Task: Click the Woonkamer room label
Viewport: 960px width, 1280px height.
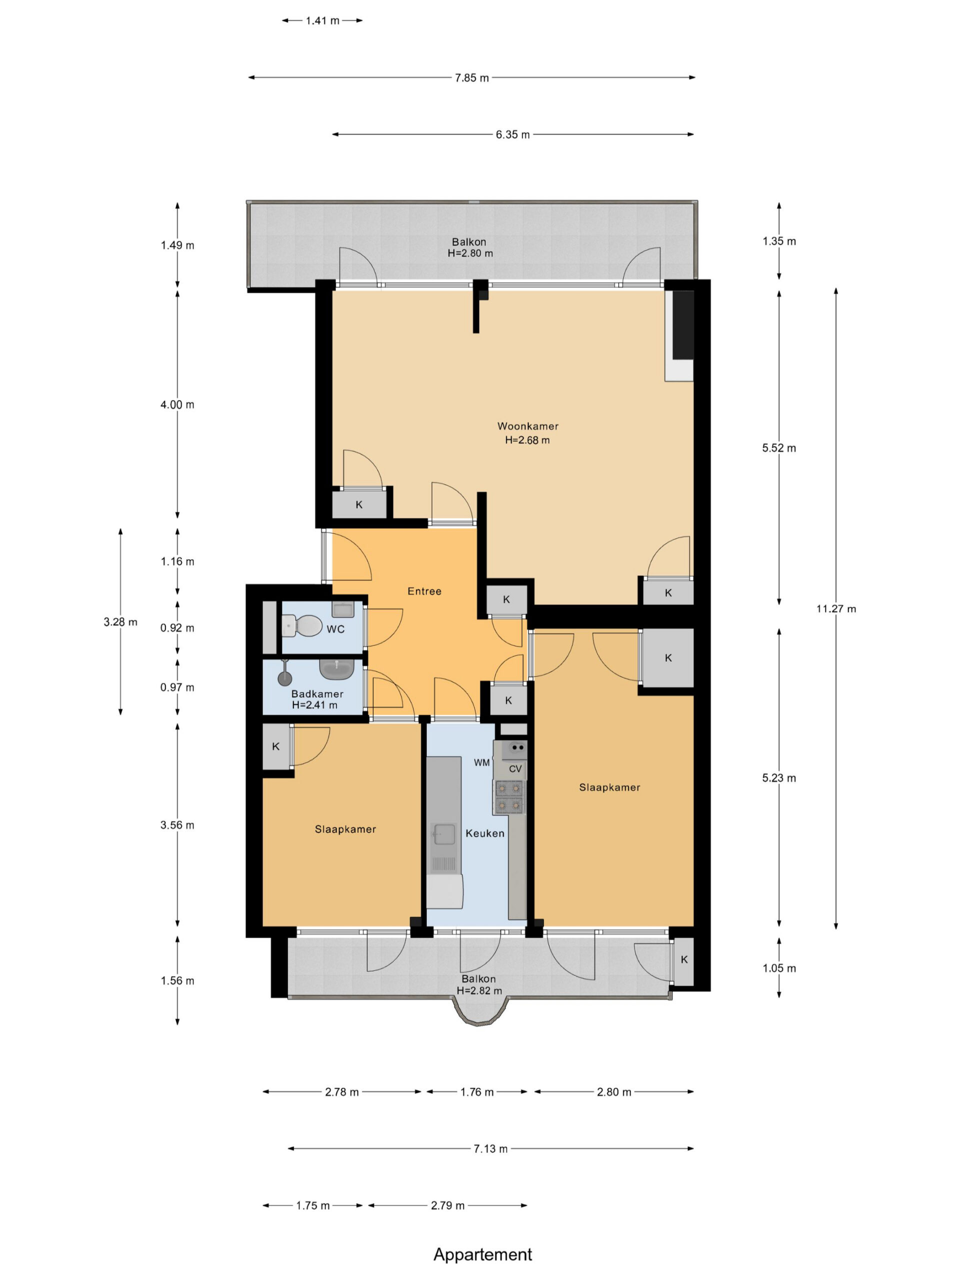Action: click(x=527, y=426)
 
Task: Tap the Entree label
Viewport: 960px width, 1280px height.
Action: click(x=424, y=591)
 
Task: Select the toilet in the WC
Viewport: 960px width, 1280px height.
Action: click(x=302, y=625)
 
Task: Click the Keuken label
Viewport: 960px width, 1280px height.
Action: click(x=485, y=833)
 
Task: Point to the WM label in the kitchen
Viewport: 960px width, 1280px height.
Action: click(x=481, y=762)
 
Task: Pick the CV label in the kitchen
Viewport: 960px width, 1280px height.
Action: click(x=515, y=769)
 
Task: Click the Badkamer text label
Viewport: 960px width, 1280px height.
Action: click(x=317, y=694)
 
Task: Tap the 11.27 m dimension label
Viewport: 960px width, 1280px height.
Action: click(x=835, y=609)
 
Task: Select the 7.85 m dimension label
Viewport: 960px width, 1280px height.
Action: click(x=471, y=77)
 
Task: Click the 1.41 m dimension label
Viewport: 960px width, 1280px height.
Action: click(x=322, y=21)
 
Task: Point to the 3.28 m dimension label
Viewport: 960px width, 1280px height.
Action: click(x=120, y=622)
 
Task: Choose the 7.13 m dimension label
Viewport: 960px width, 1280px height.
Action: click(x=490, y=1148)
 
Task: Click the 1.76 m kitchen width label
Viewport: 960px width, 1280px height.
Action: click(x=477, y=1092)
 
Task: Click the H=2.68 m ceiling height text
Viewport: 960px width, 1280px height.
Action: click(x=527, y=440)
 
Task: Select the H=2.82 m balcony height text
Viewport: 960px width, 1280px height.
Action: click(x=479, y=990)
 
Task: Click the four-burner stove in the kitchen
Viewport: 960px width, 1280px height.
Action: click(x=509, y=797)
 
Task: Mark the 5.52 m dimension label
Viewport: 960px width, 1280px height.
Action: click(x=779, y=448)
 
